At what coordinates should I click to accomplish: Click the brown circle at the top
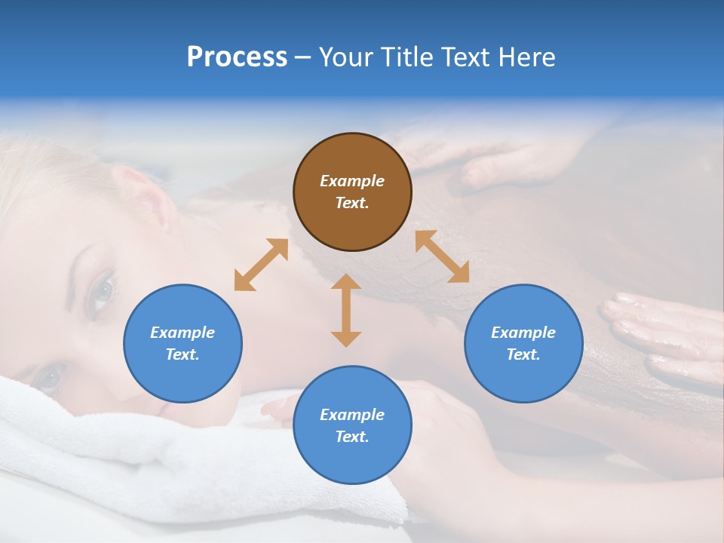(x=352, y=192)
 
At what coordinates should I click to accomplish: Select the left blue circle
(x=183, y=343)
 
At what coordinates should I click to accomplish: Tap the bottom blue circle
(x=352, y=425)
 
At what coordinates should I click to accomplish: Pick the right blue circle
(x=523, y=343)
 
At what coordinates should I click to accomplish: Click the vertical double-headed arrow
(x=346, y=310)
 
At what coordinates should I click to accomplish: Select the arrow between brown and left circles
(x=261, y=265)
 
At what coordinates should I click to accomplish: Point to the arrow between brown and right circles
(x=442, y=256)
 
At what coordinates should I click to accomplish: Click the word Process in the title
(x=237, y=57)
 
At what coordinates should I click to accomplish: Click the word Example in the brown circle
(x=352, y=181)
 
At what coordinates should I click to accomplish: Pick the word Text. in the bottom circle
(x=352, y=437)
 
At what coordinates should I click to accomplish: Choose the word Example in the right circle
(x=523, y=333)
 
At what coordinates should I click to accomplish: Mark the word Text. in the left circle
(x=183, y=354)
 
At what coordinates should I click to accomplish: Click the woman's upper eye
(x=103, y=292)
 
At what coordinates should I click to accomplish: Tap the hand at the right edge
(x=664, y=332)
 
